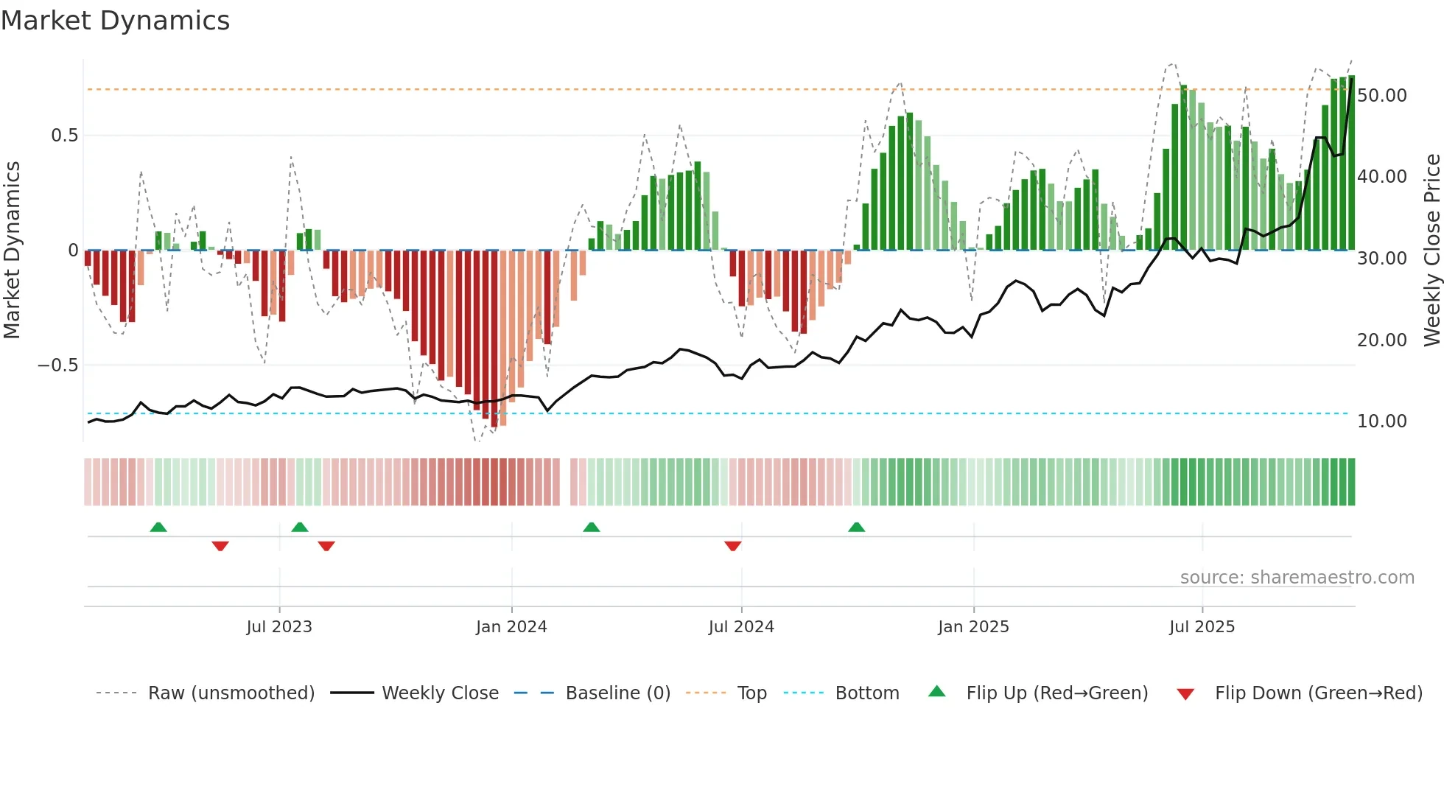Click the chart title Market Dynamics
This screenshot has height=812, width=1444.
click(x=115, y=21)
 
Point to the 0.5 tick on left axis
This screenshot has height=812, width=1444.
click(x=64, y=136)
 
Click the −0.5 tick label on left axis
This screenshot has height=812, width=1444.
click(x=57, y=365)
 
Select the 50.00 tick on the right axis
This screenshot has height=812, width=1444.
click(x=1382, y=96)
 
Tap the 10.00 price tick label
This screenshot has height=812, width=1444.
click(x=1382, y=421)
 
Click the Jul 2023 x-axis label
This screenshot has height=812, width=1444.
click(x=279, y=627)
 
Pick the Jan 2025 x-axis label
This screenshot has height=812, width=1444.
click(x=973, y=627)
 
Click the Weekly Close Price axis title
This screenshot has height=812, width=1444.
click(x=1431, y=251)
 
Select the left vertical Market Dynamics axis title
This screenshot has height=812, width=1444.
click(x=12, y=251)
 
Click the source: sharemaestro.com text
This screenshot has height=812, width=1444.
click(x=1297, y=578)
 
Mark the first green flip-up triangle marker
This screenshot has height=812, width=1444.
click(x=158, y=527)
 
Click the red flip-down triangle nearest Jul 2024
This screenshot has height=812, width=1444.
click(x=732, y=546)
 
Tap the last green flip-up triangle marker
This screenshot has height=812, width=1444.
click(x=856, y=527)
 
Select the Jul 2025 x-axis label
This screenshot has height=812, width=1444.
click(x=1202, y=627)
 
